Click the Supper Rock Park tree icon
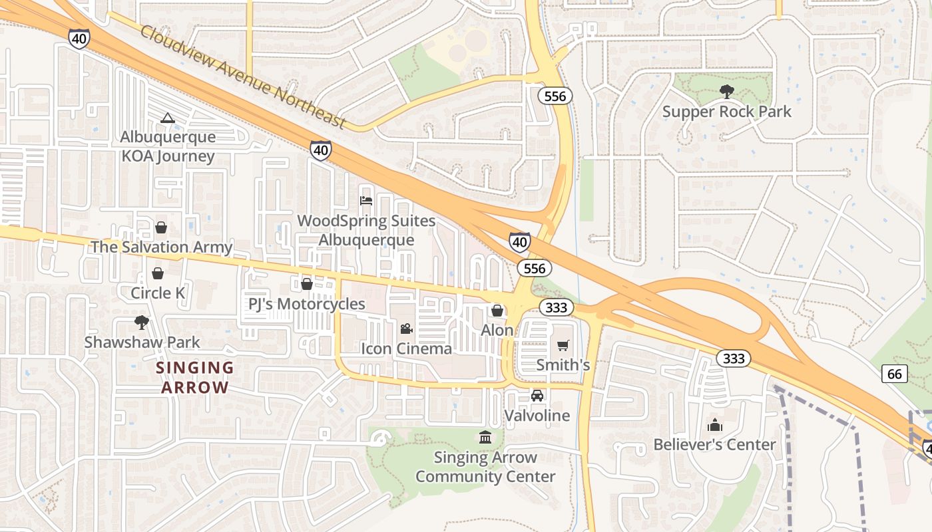pyautogui.click(x=726, y=92)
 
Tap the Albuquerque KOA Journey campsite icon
pyautogui.click(x=167, y=118)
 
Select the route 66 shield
pyautogui.click(x=895, y=374)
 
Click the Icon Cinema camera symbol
pyautogui.click(x=406, y=329)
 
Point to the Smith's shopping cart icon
pyautogui.click(x=563, y=345)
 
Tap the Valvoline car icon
pyautogui.click(x=537, y=396)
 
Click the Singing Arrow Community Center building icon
pyautogui.click(x=485, y=438)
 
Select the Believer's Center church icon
pyautogui.click(x=715, y=425)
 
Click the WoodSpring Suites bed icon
pyautogui.click(x=365, y=200)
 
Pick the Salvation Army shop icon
pyautogui.click(x=161, y=227)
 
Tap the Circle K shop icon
pyautogui.click(x=158, y=273)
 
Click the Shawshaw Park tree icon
pyautogui.click(x=141, y=323)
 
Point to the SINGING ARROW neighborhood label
pyautogui.click(x=195, y=377)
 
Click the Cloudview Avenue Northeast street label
pyautogui.click(x=244, y=77)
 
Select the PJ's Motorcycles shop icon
pyautogui.click(x=307, y=285)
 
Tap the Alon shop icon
pyautogui.click(x=497, y=311)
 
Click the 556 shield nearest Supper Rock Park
pyautogui.click(x=555, y=96)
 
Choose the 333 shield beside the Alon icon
pyautogui.click(x=555, y=307)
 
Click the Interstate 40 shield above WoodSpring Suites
pyautogui.click(x=321, y=150)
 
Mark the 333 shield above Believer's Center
pyautogui.click(x=734, y=358)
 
